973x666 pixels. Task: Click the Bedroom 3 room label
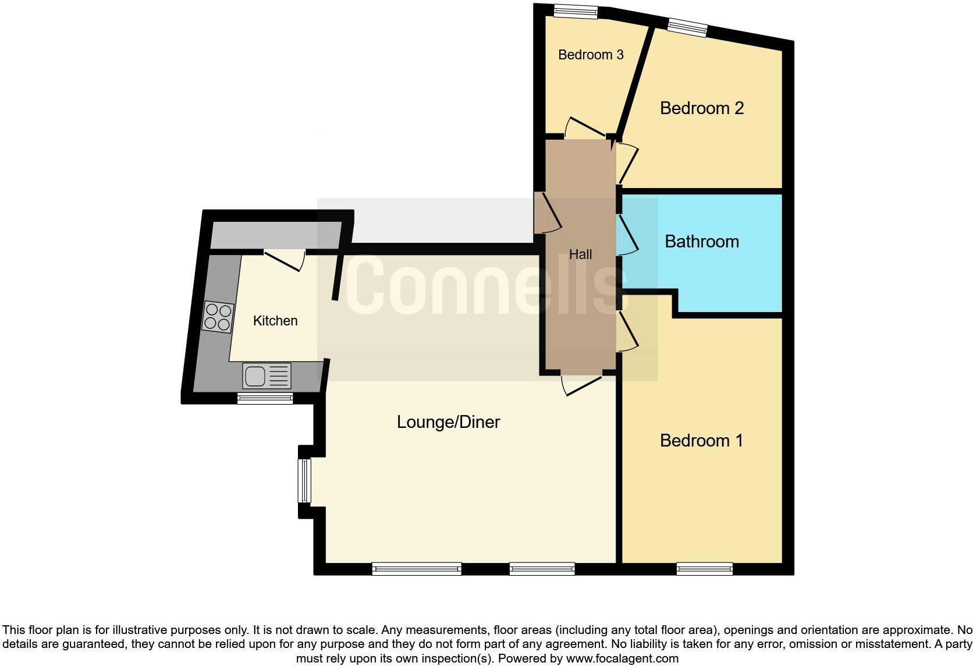click(591, 55)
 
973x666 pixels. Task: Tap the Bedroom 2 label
click(702, 108)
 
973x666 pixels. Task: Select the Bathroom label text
click(702, 242)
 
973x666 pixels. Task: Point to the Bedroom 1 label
click(702, 441)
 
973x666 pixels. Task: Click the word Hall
click(580, 254)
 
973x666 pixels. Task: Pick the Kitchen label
click(275, 321)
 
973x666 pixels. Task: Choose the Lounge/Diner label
click(448, 422)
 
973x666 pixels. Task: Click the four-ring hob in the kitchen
click(218, 317)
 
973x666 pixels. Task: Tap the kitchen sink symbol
click(267, 376)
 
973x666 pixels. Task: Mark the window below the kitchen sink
click(265, 398)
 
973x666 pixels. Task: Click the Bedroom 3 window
click(575, 11)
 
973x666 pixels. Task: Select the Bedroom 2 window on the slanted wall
click(687, 27)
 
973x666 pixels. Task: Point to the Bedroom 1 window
click(705, 569)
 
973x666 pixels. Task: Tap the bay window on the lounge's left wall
click(304, 480)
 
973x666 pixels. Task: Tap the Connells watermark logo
click(477, 285)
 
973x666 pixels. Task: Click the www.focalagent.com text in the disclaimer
click(622, 659)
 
